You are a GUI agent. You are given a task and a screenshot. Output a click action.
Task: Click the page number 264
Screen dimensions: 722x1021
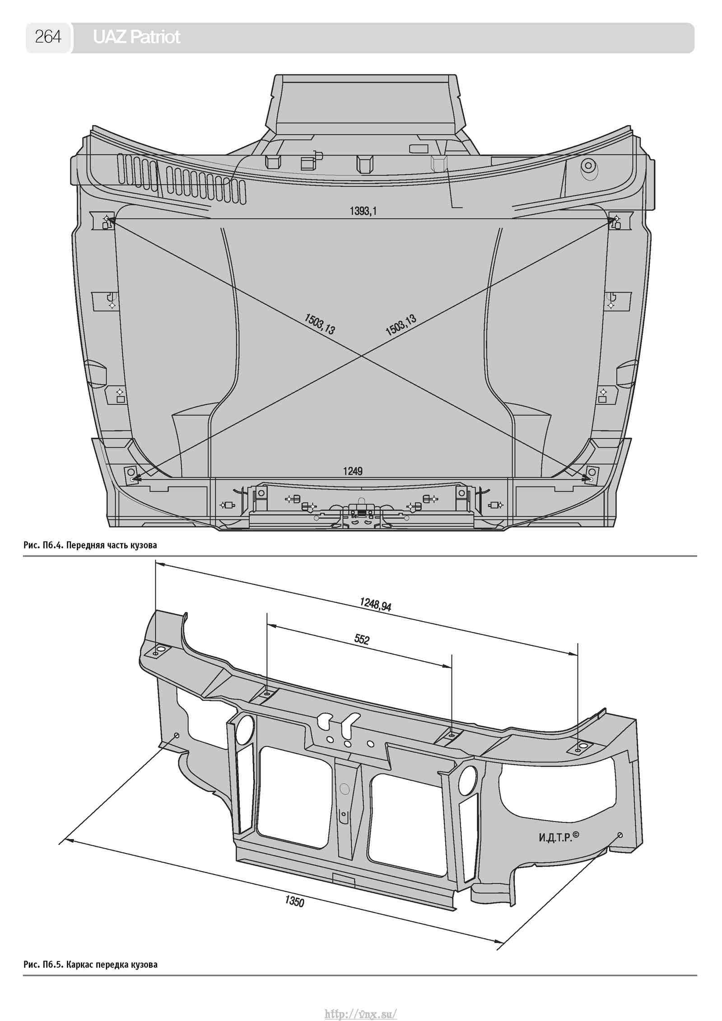click(48, 37)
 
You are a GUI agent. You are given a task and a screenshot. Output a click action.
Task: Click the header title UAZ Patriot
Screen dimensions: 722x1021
click(136, 37)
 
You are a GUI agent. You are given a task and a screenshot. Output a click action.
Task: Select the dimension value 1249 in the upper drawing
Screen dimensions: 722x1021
click(353, 471)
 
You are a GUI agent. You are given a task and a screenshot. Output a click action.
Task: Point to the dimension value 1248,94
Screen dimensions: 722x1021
click(376, 603)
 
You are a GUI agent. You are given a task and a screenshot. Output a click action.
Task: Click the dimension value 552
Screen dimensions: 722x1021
click(362, 639)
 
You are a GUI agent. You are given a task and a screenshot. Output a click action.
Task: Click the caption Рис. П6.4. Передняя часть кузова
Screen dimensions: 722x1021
click(90, 545)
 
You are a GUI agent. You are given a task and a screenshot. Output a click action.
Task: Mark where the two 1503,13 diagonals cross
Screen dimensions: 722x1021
click(361, 356)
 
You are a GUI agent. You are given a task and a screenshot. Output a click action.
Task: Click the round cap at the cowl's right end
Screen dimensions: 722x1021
click(588, 167)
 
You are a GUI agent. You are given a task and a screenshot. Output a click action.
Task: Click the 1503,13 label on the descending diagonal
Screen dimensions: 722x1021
click(320, 324)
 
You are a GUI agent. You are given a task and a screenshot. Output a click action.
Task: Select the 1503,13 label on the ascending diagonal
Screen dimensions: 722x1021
click(401, 325)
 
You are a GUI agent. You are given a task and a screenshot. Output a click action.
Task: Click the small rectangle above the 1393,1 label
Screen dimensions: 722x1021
click(419, 149)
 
